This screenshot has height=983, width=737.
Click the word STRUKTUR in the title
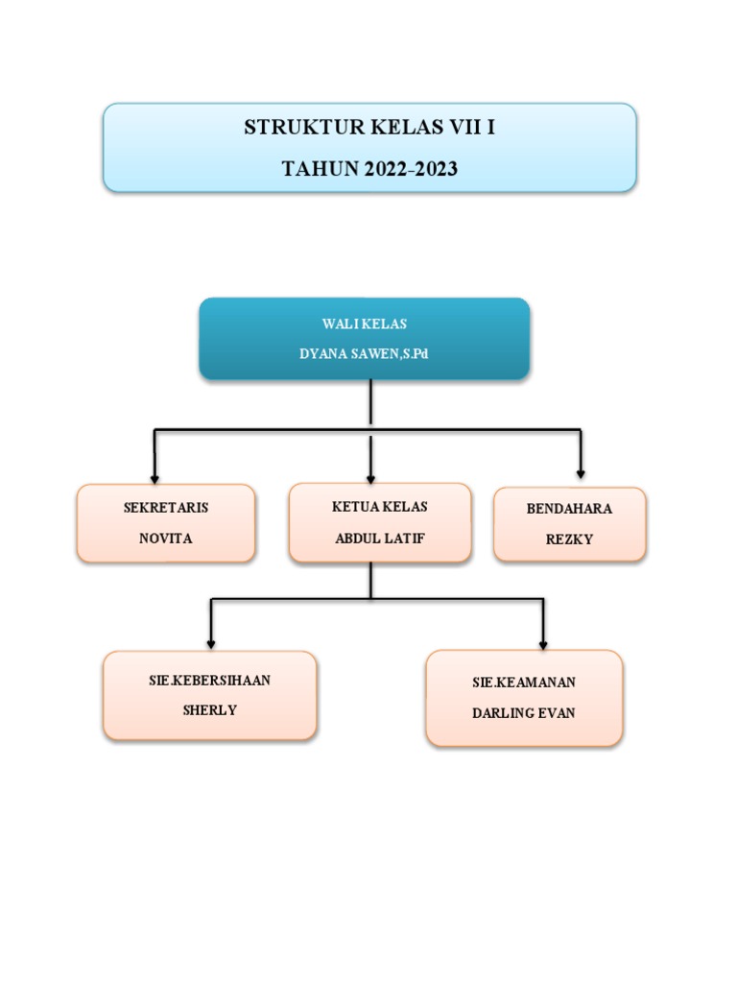(x=290, y=128)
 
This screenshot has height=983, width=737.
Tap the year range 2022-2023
(x=411, y=170)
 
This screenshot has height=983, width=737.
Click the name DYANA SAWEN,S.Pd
(x=364, y=354)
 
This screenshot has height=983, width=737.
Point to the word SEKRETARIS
(x=166, y=508)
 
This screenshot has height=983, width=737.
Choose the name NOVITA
(x=166, y=539)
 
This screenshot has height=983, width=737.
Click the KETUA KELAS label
(x=380, y=507)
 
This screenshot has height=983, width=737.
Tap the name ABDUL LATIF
(x=380, y=538)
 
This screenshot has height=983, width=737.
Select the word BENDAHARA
(x=569, y=509)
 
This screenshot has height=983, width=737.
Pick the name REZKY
(x=569, y=539)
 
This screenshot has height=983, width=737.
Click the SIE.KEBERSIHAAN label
(x=209, y=681)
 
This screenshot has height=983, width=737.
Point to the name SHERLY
(x=209, y=711)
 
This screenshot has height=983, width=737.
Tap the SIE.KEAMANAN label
(x=524, y=683)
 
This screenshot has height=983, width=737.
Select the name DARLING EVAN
(x=524, y=713)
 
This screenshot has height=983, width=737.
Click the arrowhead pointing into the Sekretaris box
(x=155, y=477)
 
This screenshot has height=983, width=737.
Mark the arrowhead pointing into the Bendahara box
(x=581, y=471)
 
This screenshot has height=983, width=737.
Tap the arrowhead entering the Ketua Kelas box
(x=370, y=477)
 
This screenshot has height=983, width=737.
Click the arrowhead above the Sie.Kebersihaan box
(x=211, y=642)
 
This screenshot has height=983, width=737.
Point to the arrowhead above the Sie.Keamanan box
(x=544, y=643)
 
